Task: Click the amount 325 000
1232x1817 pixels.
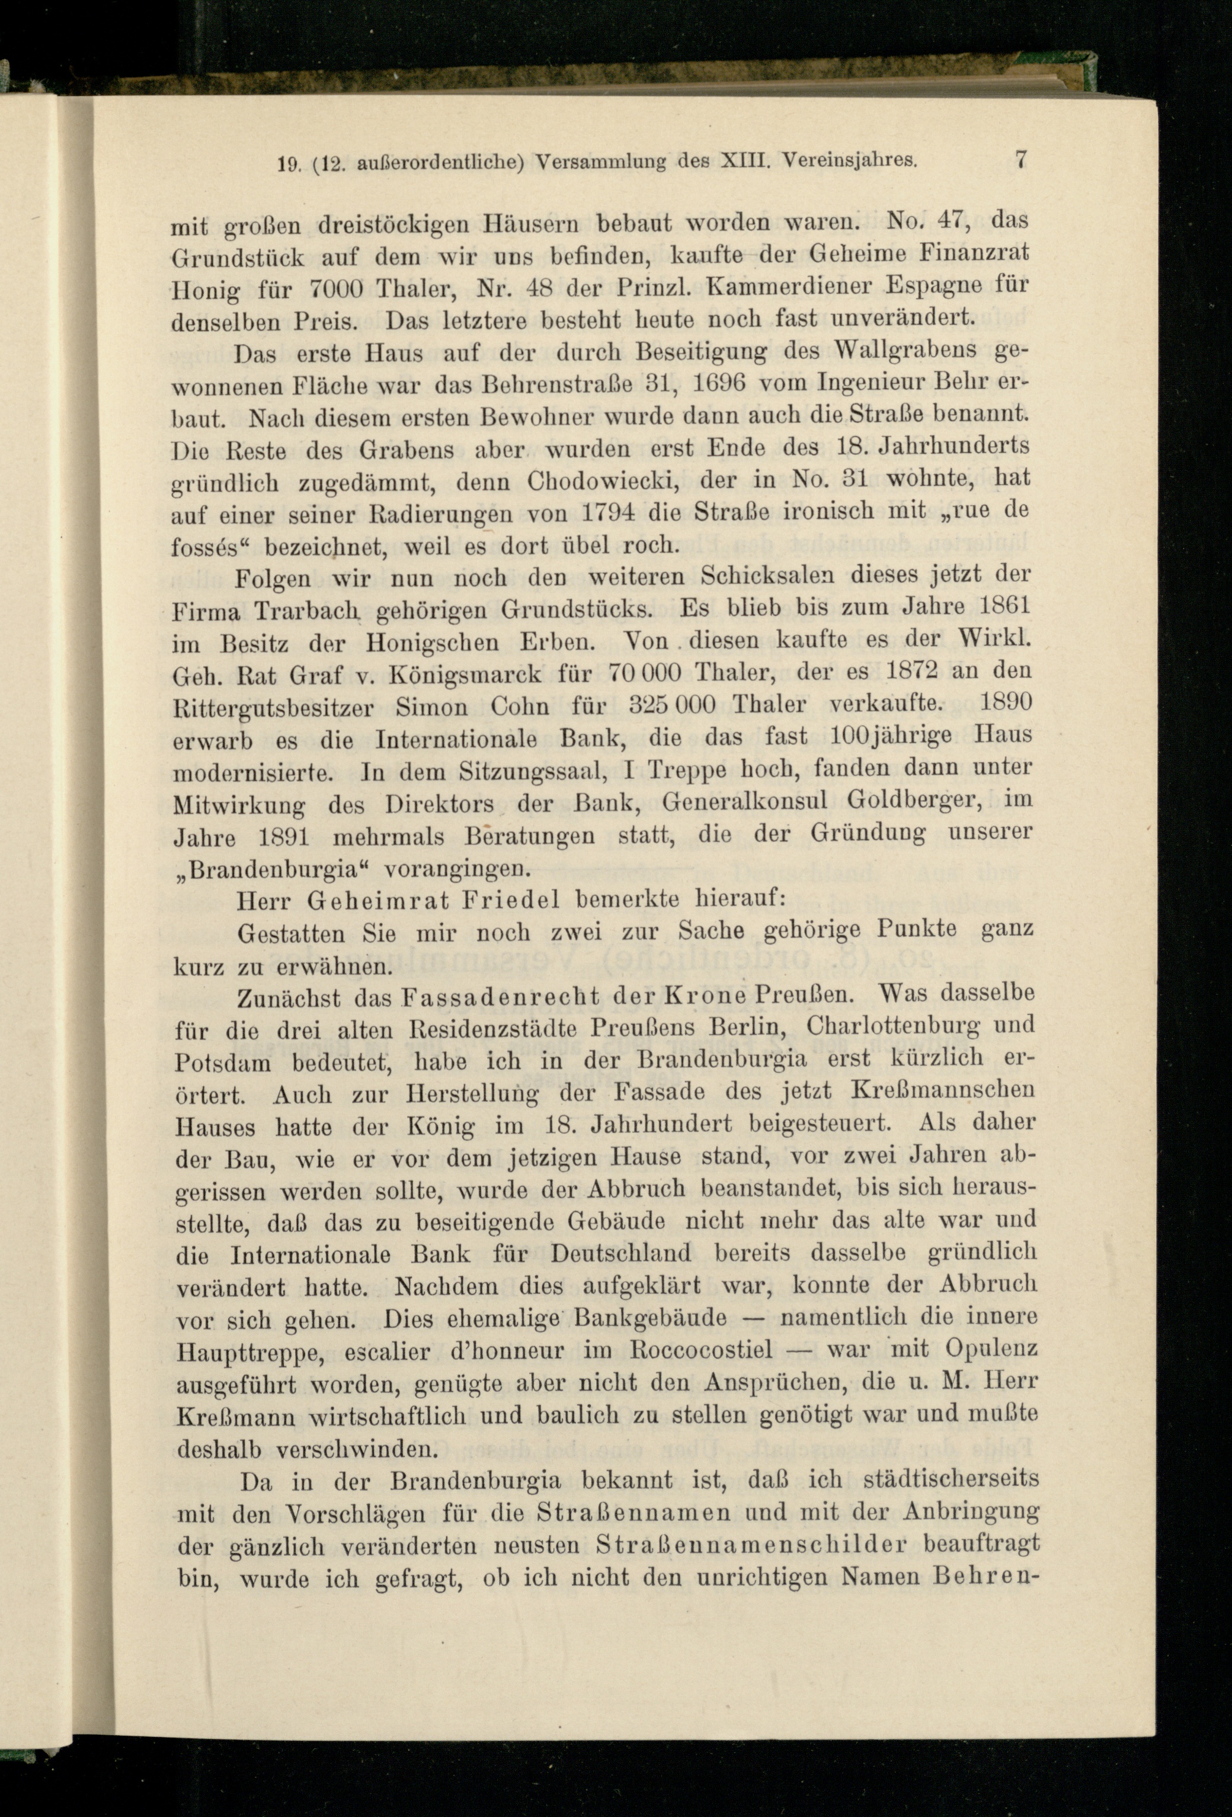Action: click(673, 704)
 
